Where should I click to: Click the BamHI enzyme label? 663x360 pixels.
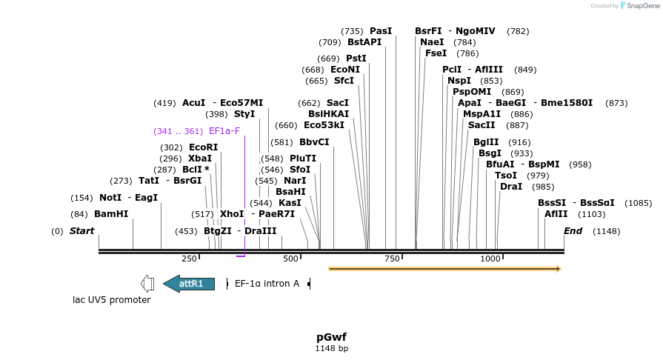(111, 214)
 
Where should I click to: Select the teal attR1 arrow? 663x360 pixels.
(189, 284)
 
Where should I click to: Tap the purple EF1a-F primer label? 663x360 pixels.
(224, 131)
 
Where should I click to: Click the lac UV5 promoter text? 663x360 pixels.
(111, 300)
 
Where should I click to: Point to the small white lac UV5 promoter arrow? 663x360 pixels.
(147, 284)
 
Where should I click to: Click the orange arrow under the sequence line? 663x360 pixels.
(444, 268)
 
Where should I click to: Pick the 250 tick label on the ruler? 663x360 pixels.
(189, 258)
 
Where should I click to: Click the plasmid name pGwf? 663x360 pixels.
(331, 337)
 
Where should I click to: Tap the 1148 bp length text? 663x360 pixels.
(331, 348)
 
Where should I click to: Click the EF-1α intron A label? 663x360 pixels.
(267, 284)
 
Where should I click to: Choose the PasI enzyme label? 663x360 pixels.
(381, 31)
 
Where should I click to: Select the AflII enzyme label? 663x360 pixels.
(556, 214)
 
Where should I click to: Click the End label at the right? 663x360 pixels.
(573, 231)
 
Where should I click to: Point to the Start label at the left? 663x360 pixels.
(81, 231)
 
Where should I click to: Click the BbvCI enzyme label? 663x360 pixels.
(314, 142)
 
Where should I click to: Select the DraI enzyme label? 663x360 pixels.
(511, 187)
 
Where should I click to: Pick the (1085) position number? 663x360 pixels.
(638, 203)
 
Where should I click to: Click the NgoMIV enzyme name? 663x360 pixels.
(476, 31)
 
